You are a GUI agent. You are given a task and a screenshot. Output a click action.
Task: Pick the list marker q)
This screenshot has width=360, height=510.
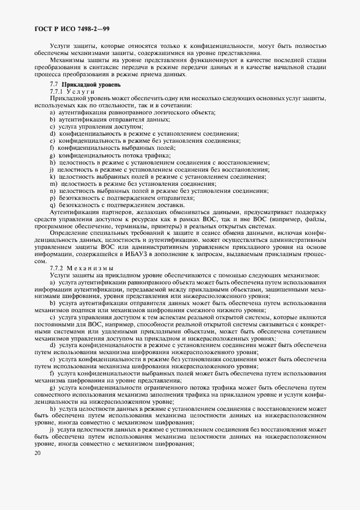52,205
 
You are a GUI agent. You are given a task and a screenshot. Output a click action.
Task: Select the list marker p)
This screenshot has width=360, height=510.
52,198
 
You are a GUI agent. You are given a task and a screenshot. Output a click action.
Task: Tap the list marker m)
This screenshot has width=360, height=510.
53,184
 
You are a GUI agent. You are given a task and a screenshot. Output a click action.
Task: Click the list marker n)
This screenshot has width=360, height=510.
52,191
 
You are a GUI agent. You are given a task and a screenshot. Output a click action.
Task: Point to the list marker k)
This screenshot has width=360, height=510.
52,177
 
